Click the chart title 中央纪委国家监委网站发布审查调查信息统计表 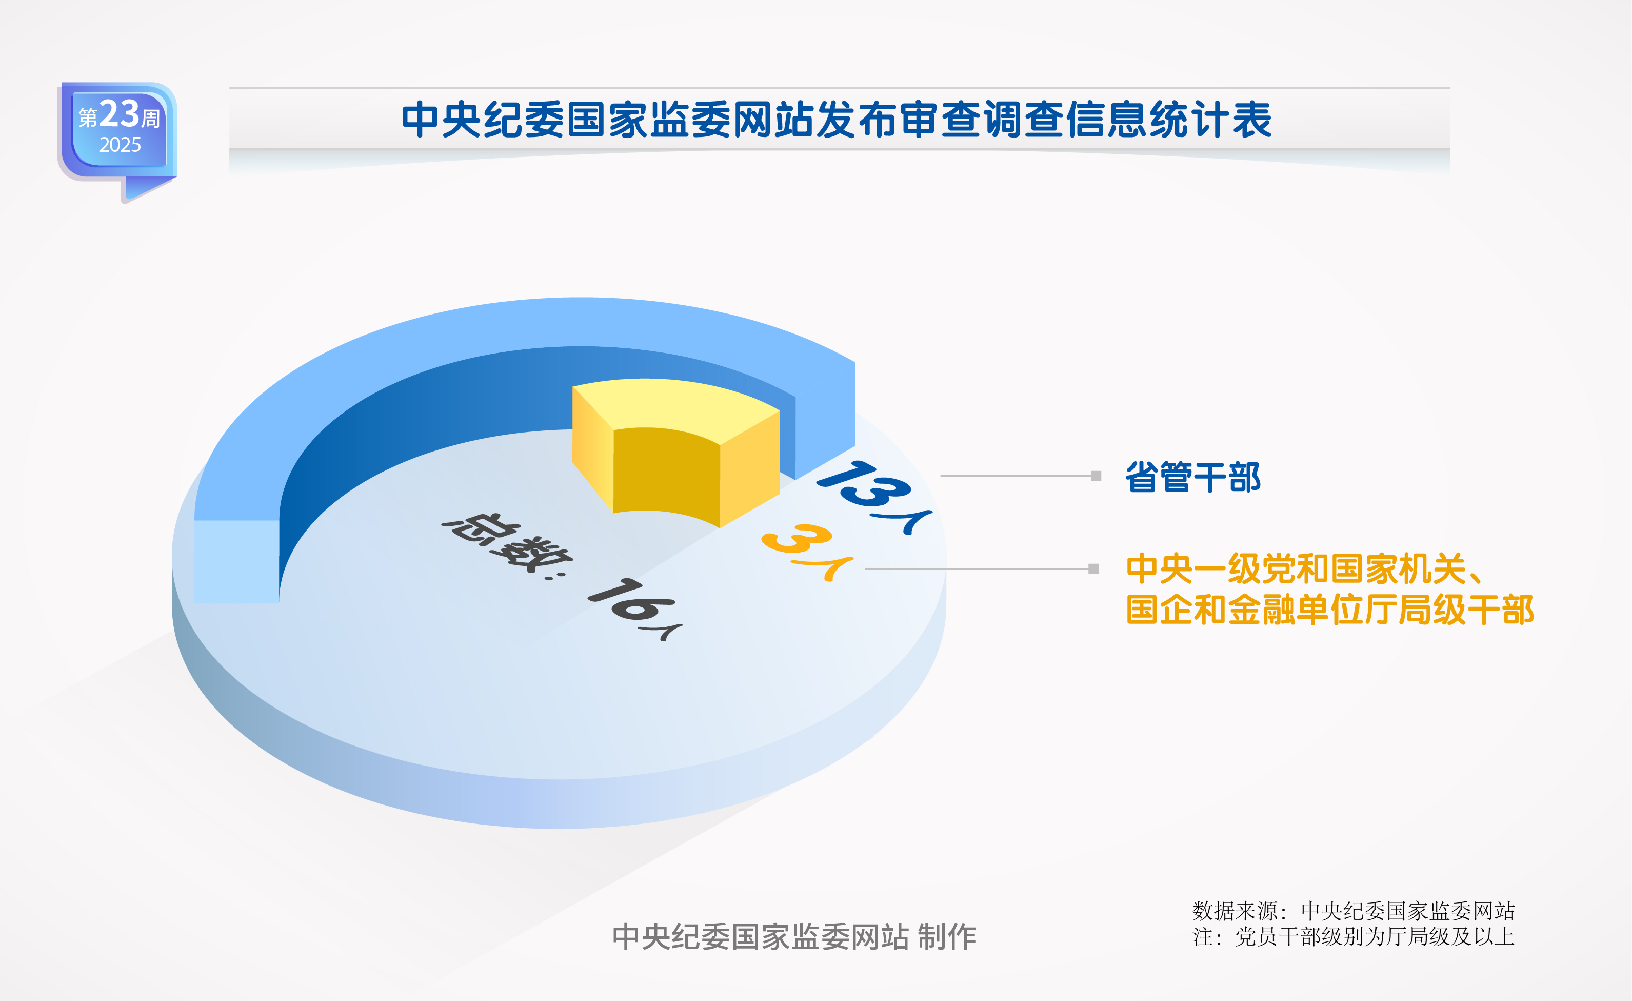point(836,120)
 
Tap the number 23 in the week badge point(119,114)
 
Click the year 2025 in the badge point(120,144)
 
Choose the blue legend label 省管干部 point(1193,477)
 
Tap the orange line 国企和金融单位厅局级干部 point(1330,610)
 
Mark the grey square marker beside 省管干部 point(1096,476)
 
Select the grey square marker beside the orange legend point(1093,568)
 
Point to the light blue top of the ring point(464,344)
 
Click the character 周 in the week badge point(151,119)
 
